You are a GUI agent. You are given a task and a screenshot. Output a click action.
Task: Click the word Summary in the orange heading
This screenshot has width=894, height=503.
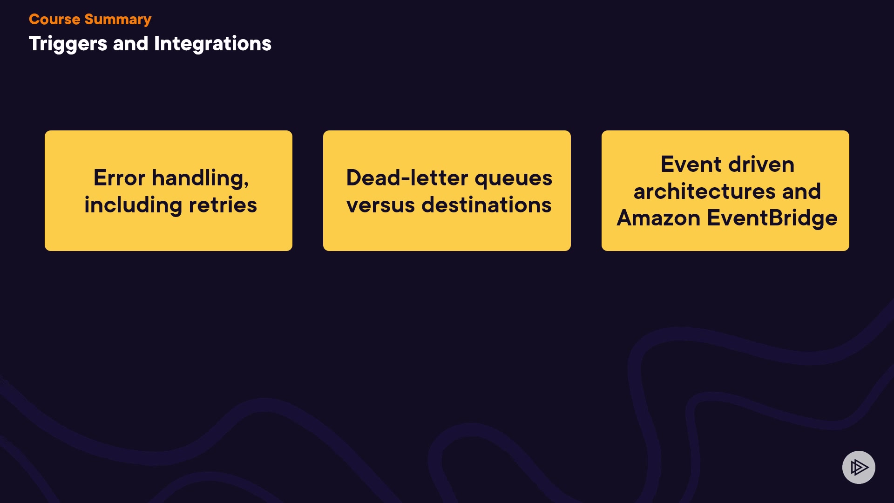coord(118,20)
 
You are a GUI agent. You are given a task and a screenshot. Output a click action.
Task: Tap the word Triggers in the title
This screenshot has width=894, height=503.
coord(68,44)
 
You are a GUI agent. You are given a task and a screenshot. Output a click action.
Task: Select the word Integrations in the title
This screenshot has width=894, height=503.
coord(213,44)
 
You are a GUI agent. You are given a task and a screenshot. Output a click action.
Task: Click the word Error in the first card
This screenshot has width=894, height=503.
coord(119,178)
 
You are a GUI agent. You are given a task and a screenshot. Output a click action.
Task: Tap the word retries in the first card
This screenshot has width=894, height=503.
coord(223,205)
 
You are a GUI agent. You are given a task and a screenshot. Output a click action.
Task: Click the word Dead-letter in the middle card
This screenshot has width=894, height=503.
coord(407,178)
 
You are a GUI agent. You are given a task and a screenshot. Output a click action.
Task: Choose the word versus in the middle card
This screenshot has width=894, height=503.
coord(380,205)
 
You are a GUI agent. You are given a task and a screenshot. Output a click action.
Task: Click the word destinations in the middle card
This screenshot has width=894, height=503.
coord(487,205)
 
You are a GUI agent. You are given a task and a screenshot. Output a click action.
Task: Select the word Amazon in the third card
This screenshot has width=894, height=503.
coord(658,218)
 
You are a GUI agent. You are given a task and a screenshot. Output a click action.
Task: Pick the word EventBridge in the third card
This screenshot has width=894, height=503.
coord(772,218)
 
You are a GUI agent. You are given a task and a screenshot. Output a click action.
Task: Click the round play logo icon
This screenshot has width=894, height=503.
coord(859,467)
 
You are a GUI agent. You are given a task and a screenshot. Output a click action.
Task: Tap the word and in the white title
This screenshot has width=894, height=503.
coord(130,44)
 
